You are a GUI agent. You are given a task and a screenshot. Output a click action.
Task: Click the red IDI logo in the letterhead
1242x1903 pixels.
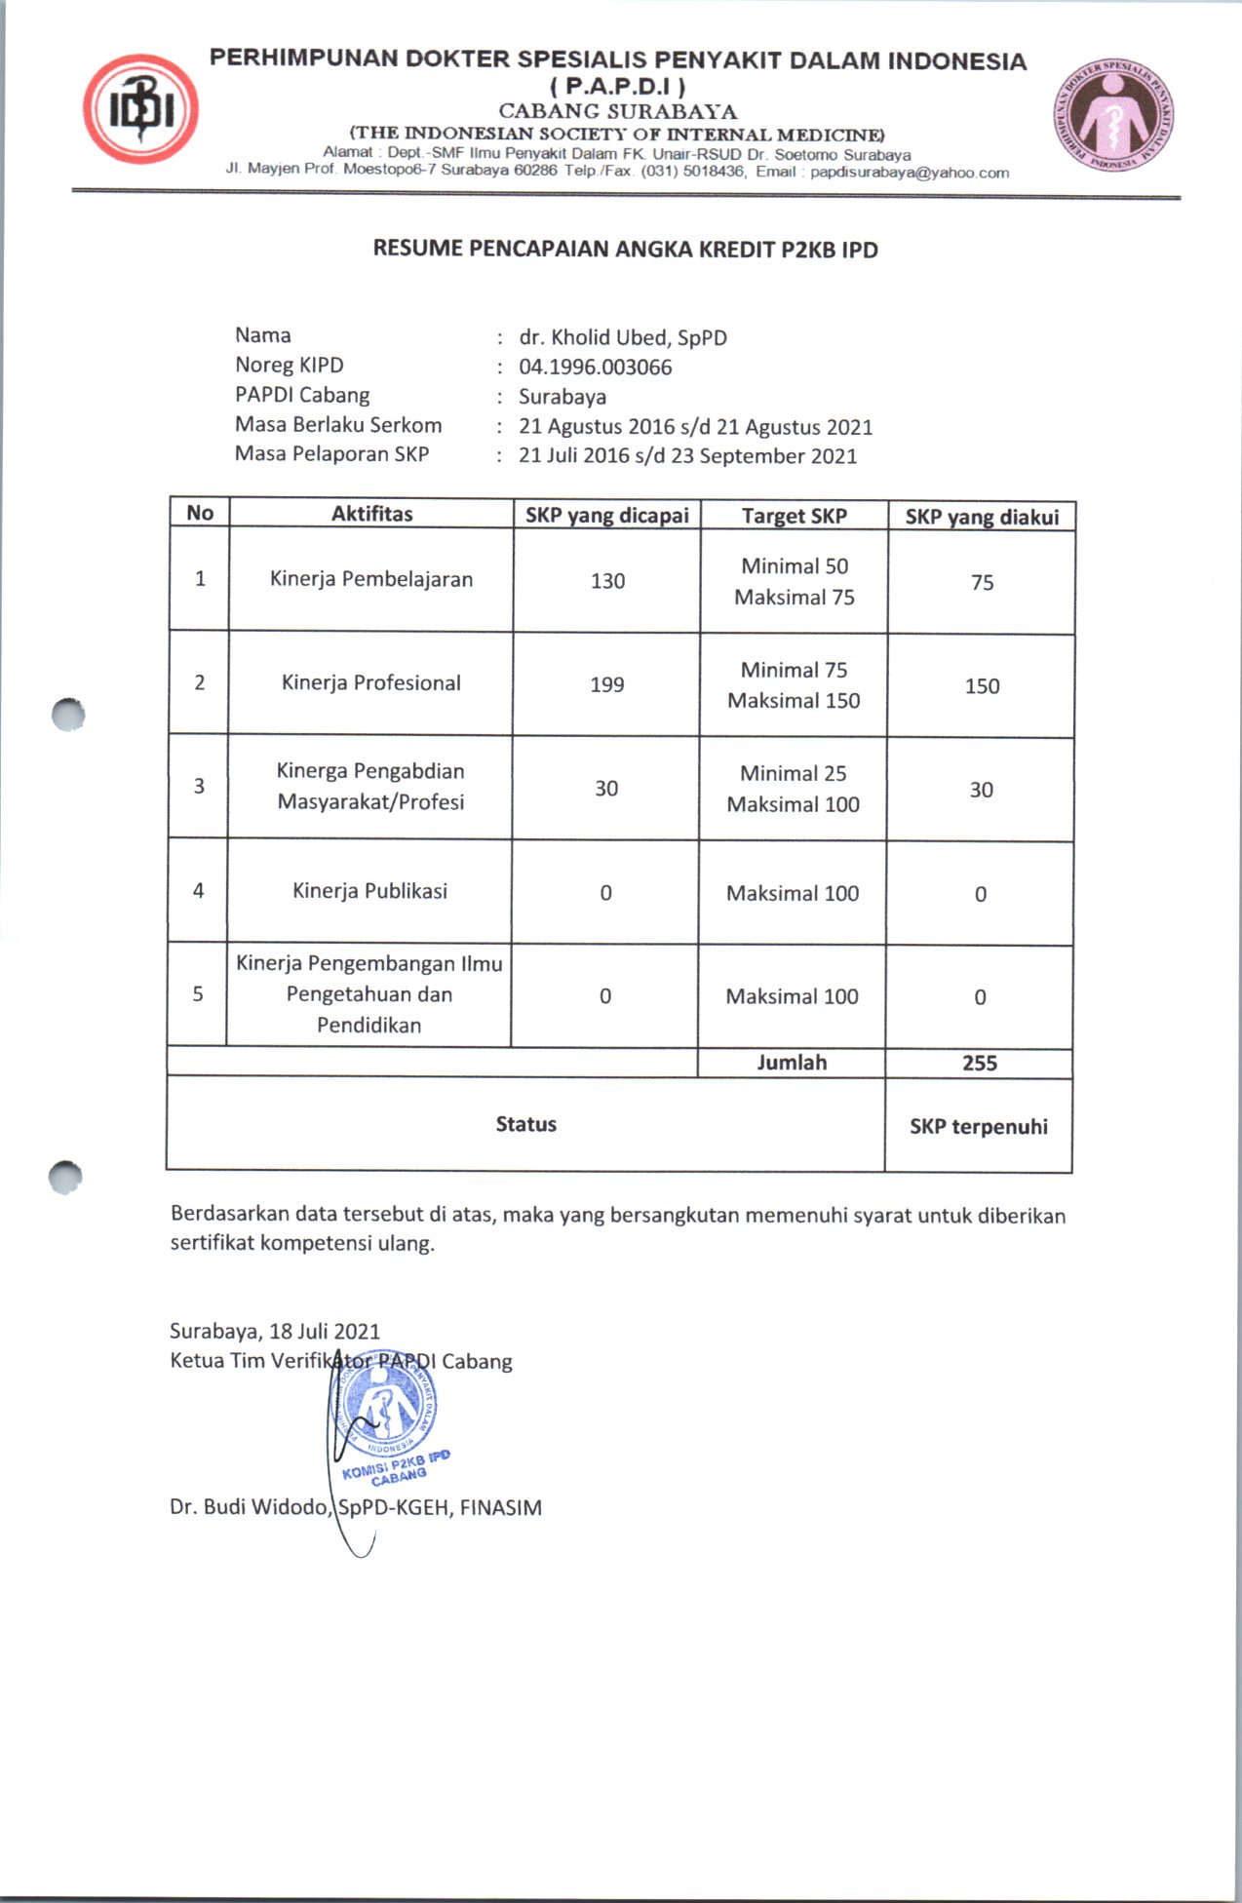coord(140,109)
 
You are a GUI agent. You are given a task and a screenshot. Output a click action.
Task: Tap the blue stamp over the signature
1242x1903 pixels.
coord(388,1414)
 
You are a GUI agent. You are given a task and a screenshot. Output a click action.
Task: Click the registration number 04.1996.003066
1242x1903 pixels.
coord(595,368)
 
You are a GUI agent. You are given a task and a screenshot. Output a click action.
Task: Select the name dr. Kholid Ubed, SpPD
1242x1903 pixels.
coord(623,338)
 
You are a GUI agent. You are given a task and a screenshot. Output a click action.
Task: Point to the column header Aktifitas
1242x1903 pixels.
coord(371,514)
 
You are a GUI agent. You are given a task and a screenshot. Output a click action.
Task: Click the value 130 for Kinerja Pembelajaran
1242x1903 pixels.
coord(607,581)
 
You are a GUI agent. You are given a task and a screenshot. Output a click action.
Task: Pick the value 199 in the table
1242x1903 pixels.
coord(606,684)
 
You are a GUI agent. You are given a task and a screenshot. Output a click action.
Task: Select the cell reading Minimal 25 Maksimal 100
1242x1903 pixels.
coord(793,789)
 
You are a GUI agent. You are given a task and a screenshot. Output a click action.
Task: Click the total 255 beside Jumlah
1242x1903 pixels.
coord(980,1063)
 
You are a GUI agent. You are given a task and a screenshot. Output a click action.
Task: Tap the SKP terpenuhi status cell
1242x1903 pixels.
coord(979,1126)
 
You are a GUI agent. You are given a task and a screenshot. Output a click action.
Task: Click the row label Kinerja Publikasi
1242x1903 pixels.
coord(369,891)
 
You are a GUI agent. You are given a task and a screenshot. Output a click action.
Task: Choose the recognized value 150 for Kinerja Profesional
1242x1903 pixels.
coord(982,686)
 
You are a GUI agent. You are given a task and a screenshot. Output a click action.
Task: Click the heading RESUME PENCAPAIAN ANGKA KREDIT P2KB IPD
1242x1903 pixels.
coord(625,250)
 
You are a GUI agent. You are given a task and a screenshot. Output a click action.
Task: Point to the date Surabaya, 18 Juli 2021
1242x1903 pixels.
coord(275,1332)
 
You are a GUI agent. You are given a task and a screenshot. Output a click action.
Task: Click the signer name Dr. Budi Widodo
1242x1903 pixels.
coord(250,1507)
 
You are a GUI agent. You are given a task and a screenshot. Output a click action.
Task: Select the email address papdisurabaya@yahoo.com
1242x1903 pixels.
coord(909,173)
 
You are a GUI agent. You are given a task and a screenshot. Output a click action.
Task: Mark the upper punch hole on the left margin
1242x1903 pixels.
coord(67,715)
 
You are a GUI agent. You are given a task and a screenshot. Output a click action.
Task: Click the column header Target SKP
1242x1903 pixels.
coord(794,516)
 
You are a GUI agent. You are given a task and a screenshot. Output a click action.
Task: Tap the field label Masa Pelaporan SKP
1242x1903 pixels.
coord(331,454)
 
